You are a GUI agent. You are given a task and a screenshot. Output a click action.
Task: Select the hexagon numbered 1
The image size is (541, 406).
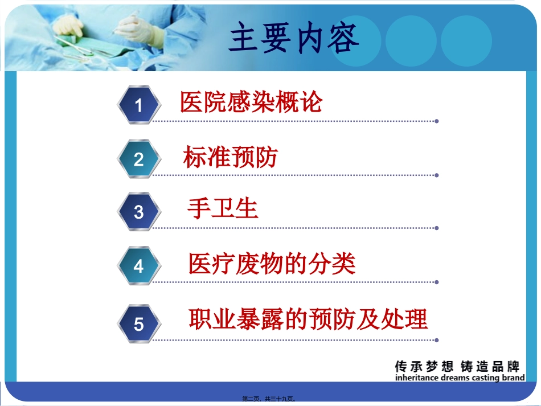(x=139, y=105)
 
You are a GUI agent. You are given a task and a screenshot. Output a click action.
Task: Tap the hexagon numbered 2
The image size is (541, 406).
(x=139, y=159)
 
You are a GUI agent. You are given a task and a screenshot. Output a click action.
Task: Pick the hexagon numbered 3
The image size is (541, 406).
(x=139, y=212)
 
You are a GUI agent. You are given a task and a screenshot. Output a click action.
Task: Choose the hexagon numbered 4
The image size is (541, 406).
(x=139, y=266)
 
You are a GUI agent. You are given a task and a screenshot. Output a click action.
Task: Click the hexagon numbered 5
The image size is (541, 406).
(x=139, y=324)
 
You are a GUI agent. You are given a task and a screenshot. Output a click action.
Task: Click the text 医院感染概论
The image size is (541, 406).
(x=251, y=102)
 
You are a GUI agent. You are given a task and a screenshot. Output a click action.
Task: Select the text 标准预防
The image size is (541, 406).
(x=230, y=157)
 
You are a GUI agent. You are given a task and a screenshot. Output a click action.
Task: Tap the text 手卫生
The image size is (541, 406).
(x=223, y=209)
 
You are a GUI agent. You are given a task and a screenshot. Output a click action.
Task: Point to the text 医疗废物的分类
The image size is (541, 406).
(x=272, y=264)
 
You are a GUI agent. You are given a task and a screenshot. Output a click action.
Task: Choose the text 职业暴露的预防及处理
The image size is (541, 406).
(x=308, y=319)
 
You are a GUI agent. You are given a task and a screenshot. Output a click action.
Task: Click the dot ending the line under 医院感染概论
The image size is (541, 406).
(x=437, y=121)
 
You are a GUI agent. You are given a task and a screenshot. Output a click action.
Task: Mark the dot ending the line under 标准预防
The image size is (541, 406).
(x=437, y=175)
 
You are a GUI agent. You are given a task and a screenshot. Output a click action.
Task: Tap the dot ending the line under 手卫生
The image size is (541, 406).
(x=437, y=228)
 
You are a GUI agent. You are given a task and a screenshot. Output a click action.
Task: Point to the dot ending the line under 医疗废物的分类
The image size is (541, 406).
(x=437, y=282)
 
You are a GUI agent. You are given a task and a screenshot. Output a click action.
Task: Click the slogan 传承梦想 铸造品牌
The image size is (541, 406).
(x=457, y=367)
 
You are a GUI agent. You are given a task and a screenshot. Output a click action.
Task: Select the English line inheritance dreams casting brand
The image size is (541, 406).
(x=460, y=378)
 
